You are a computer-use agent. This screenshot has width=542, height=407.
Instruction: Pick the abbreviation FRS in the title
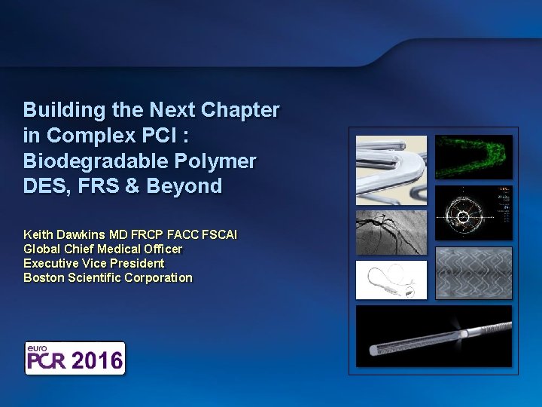pos(114,186)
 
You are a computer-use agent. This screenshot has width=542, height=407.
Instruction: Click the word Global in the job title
pos(41,249)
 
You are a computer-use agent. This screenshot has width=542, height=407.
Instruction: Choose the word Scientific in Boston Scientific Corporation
pos(96,277)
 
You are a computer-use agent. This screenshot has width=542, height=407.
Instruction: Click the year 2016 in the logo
pos(97,360)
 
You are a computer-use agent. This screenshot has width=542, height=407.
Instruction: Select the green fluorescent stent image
pos(473,157)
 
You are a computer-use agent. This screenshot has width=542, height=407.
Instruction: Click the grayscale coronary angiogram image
pos(391,232)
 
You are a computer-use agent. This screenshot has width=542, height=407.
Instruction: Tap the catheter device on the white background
pos(391,280)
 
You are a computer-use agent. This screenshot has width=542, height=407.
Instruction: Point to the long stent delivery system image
pos(434,336)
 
